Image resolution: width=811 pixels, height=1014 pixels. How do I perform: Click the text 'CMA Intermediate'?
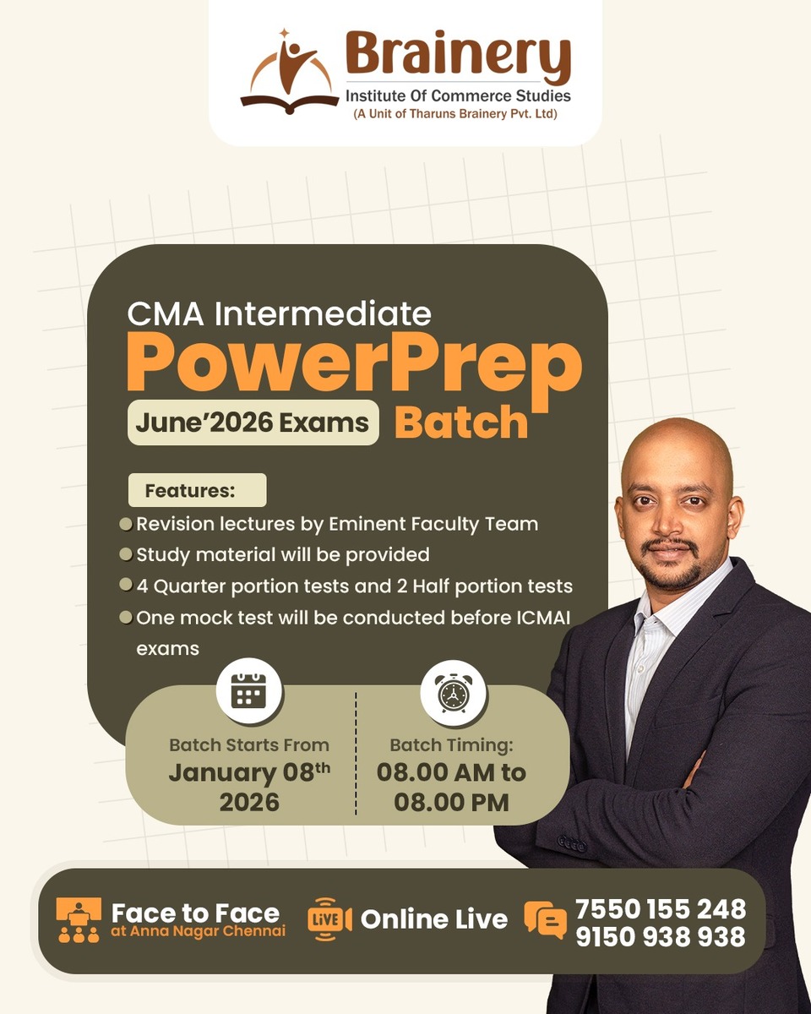[279, 314]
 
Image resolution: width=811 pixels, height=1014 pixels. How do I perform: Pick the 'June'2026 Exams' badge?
[253, 422]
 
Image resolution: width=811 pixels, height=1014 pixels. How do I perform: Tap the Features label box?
[196, 490]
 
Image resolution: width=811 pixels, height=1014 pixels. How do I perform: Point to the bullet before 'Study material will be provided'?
[126, 554]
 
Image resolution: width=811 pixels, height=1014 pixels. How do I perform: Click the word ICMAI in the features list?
[541, 618]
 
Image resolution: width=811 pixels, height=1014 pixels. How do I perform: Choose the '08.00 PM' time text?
[451, 802]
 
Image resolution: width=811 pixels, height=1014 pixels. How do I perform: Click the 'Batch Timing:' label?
[451, 745]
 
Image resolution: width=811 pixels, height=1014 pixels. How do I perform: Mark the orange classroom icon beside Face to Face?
[79, 919]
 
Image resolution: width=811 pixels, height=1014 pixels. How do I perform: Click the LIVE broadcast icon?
[329, 919]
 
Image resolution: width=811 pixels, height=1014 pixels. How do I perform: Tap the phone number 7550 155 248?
[661, 908]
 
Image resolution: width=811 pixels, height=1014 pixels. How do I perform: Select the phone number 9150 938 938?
[661, 936]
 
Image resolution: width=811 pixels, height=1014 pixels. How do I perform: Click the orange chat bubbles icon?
[545, 920]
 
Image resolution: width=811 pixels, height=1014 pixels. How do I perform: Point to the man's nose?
[668, 525]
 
